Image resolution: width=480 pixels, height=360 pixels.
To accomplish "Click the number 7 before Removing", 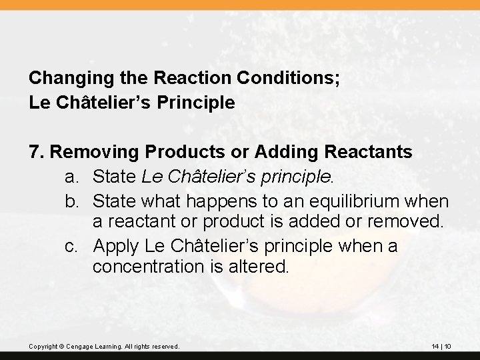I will (35, 152).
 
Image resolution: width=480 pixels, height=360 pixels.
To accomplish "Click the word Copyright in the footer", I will (43, 346).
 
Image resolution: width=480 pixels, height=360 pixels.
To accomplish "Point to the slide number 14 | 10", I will (441, 346).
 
